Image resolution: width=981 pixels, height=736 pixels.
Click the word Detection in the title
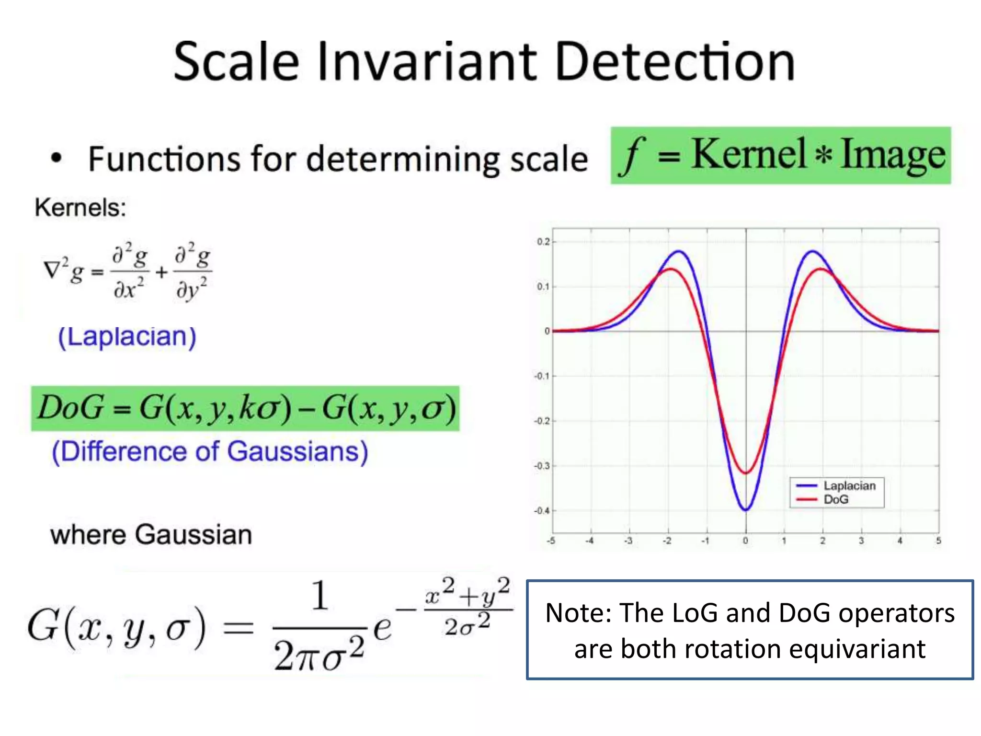[674, 62]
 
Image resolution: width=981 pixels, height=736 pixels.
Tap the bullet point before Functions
[57, 158]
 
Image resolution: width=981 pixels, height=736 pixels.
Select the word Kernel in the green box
[749, 154]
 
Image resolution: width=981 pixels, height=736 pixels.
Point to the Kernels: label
[80, 208]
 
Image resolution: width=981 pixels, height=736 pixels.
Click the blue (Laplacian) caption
[127, 336]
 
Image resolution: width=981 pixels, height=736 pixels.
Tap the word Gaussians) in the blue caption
[297, 452]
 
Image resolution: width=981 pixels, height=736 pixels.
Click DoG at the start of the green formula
[71, 408]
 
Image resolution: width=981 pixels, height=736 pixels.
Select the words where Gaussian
[151, 534]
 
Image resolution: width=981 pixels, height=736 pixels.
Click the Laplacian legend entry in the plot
[849, 486]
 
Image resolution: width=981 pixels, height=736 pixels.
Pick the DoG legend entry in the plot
[836, 500]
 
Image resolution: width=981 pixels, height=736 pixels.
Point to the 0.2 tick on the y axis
[543, 241]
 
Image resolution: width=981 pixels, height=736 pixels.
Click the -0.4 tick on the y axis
[542, 511]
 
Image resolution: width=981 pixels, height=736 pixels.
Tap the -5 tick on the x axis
[551, 541]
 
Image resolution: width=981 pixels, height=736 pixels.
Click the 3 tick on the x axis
[861, 541]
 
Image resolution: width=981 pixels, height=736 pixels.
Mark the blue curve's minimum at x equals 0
[746, 510]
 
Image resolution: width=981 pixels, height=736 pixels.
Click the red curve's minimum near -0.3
[746, 473]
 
